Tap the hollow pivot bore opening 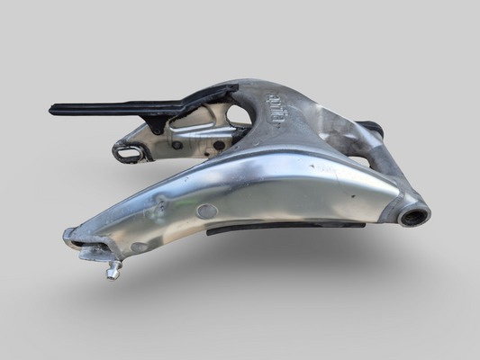pyautogui.click(x=414, y=216)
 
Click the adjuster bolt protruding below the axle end pyautogui.click(x=113, y=269)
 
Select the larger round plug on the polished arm pyautogui.click(x=207, y=212)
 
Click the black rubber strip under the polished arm pyautogui.click(x=270, y=228)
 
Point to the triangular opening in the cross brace pyautogui.click(x=239, y=116)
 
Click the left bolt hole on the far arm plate pyautogui.click(x=177, y=145)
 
